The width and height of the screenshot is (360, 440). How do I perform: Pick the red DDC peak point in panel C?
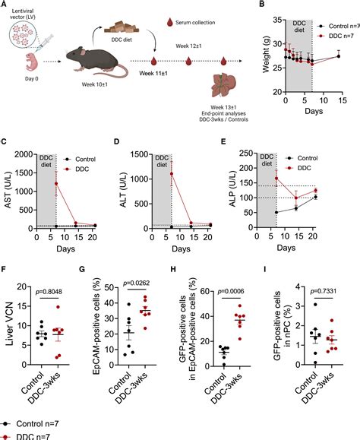[55, 183]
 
